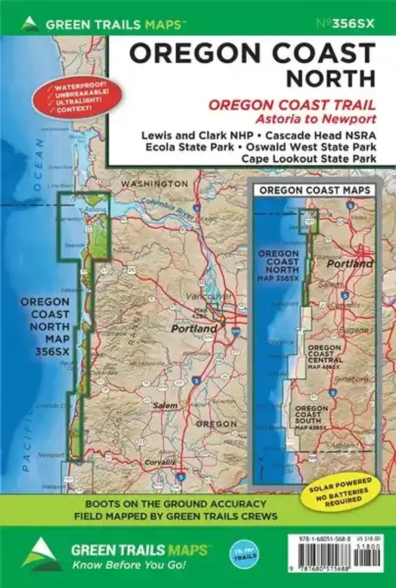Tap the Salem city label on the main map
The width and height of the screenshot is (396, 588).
coord(165,405)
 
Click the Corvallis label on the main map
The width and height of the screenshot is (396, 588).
coord(160,462)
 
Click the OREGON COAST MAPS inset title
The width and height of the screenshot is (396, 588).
coord(315,190)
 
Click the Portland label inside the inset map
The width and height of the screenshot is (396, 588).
coord(349,264)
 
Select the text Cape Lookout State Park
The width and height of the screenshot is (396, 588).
coord(308,158)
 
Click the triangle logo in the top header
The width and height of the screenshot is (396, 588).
coord(30,24)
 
